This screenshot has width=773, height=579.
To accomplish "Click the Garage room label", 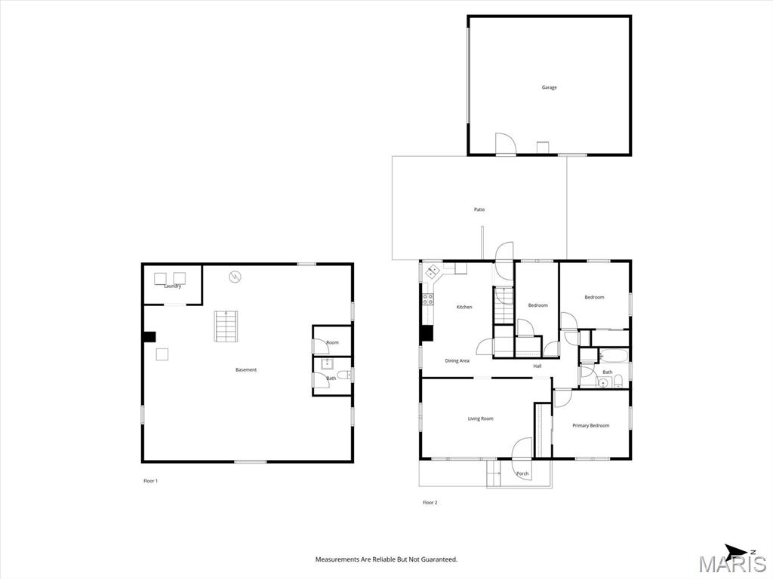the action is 550,87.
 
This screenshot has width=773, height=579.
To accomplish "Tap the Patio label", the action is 479,210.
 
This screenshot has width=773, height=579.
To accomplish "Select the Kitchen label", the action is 464,308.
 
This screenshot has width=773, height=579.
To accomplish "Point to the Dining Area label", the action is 457,361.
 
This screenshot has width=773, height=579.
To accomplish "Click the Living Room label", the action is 481,419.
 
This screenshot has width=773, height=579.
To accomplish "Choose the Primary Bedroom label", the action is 590,426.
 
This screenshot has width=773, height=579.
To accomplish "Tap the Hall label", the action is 537,366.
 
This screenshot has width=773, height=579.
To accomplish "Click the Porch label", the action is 522,474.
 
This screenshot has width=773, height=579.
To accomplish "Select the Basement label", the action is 246,369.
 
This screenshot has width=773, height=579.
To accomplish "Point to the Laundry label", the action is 173,286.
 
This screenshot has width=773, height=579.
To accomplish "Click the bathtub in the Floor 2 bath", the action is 613,356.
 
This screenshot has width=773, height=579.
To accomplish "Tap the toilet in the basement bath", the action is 346,375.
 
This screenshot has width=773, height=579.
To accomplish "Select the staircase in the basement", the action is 226,326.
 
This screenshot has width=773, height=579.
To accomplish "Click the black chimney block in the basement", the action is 149,337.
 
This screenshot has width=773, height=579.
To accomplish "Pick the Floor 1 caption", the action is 150,481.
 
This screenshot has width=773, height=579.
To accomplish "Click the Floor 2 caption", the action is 430,503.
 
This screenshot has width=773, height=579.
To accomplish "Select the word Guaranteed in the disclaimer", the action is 441,559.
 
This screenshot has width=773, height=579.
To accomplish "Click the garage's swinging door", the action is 505,144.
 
